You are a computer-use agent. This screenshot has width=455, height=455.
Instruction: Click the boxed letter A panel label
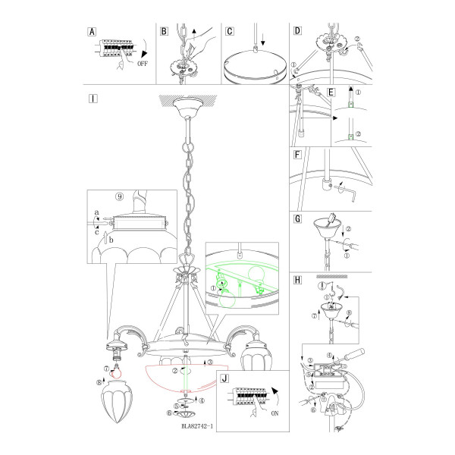[x=92, y=32]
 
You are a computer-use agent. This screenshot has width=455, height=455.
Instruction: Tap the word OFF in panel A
[x=143, y=64]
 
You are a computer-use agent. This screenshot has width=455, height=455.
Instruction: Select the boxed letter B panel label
[x=164, y=31]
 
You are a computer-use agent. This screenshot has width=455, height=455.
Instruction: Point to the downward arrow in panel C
[x=263, y=39]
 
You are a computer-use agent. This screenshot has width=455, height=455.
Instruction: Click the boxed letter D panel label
[x=298, y=31]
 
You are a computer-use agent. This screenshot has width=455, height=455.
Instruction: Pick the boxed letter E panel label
[x=331, y=93]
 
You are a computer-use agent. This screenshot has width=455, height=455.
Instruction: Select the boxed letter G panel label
[x=298, y=219]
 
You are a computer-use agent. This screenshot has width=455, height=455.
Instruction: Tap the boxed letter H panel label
[x=298, y=280]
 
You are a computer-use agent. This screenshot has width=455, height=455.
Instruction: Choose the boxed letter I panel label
[x=93, y=99]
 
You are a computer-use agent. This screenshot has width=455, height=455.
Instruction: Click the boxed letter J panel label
[x=224, y=378]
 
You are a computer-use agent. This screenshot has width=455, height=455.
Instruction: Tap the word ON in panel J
[x=275, y=413]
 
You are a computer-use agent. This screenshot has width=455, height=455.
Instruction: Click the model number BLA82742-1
[x=197, y=426]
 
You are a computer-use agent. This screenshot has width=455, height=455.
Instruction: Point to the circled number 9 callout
[x=120, y=196]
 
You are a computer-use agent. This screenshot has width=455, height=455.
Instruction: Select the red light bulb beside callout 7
[x=117, y=372]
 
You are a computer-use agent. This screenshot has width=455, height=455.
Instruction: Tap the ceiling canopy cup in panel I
[x=188, y=107]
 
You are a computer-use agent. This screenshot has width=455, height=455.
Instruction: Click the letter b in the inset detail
[x=111, y=240]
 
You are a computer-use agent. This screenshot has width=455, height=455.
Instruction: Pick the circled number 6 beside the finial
[x=169, y=413]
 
